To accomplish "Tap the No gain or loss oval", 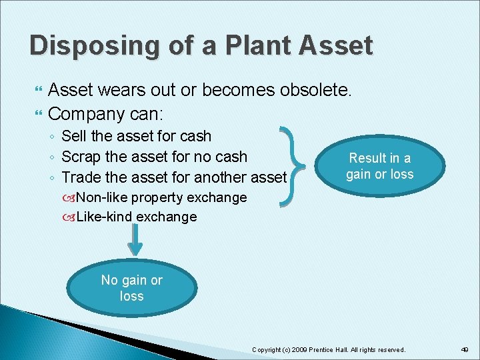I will tap(131, 288).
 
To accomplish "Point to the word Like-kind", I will tap(103, 217).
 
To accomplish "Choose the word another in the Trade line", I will tap(221, 177).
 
